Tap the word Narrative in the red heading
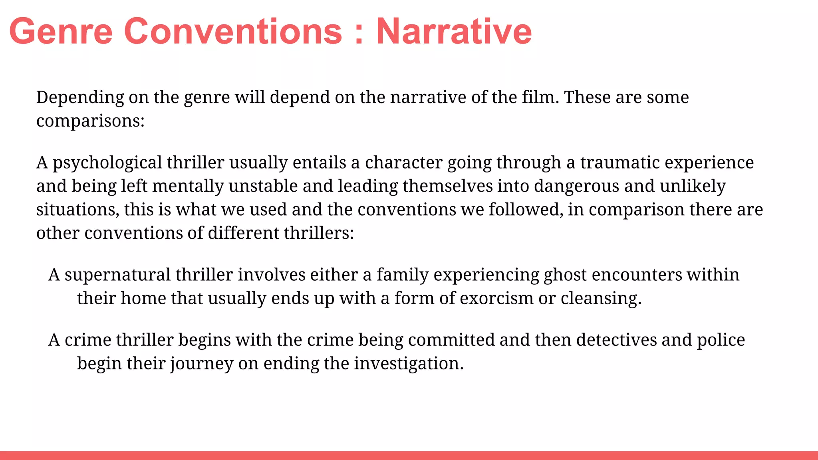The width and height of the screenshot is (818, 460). coord(454,32)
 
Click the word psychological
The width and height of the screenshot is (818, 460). coord(107,163)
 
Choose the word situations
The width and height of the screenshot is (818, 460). coord(77,210)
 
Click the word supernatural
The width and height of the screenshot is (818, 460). coord(117,275)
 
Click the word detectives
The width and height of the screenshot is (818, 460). coord(616,340)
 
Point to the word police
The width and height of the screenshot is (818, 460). coord(721,340)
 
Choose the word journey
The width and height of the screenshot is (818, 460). coord(202,364)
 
